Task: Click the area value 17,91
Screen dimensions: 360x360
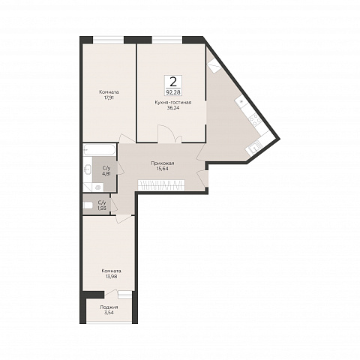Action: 109,97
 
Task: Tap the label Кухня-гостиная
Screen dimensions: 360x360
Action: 173,103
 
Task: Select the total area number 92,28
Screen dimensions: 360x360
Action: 173,92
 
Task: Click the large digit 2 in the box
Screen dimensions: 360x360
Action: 173,82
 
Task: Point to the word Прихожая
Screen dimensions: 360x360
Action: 163,163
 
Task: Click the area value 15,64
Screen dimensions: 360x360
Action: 163,169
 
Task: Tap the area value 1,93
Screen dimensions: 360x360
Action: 102,208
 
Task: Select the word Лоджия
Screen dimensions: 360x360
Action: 109,307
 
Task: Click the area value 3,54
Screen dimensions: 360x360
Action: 109,313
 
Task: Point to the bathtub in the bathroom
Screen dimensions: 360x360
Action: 100,150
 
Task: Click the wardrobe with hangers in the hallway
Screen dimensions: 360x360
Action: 162,185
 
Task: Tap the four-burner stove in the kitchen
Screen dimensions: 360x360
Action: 254,120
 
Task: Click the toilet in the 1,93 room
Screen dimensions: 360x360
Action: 88,205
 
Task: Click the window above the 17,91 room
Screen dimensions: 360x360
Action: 109,40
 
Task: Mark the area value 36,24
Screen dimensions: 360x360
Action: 173,108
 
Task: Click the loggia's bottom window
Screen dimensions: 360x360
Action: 109,322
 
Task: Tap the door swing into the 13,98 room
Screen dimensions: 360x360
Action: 123,218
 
